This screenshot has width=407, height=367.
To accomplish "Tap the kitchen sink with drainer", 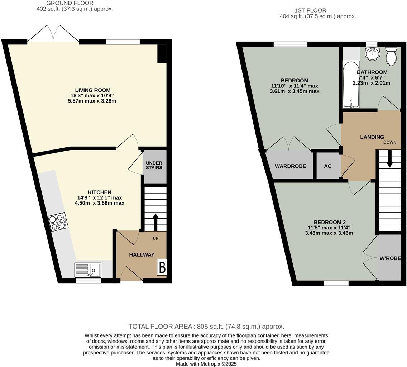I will pyautogui.click(x=88, y=270).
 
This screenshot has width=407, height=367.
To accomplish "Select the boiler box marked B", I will pyautogui.click(x=162, y=267).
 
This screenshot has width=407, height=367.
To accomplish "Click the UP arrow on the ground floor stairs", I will pyautogui.click(x=155, y=222).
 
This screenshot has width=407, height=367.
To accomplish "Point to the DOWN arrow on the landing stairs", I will pyautogui.click(x=389, y=159).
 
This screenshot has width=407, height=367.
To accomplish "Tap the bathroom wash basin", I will pyautogui.click(x=373, y=54).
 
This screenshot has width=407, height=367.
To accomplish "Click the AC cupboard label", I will pyautogui.click(x=327, y=166).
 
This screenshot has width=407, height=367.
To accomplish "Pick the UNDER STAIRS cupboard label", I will pyautogui.click(x=154, y=165).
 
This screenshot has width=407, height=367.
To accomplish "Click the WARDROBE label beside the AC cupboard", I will pyautogui.click(x=290, y=166).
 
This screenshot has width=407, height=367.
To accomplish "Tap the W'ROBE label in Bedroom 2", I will pyautogui.click(x=390, y=258).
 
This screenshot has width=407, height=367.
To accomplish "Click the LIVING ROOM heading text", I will pyautogui.click(x=92, y=90).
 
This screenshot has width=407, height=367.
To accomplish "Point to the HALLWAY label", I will pyautogui.click(x=142, y=255).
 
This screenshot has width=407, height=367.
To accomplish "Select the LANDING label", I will pyautogui.click(x=372, y=137).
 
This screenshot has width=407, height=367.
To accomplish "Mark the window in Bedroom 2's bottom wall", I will pyautogui.click(x=336, y=283).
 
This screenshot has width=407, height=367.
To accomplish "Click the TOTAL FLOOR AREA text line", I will pyautogui.click(x=206, y=327).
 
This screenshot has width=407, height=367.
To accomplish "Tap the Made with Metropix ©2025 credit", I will pyautogui.click(x=206, y=364).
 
